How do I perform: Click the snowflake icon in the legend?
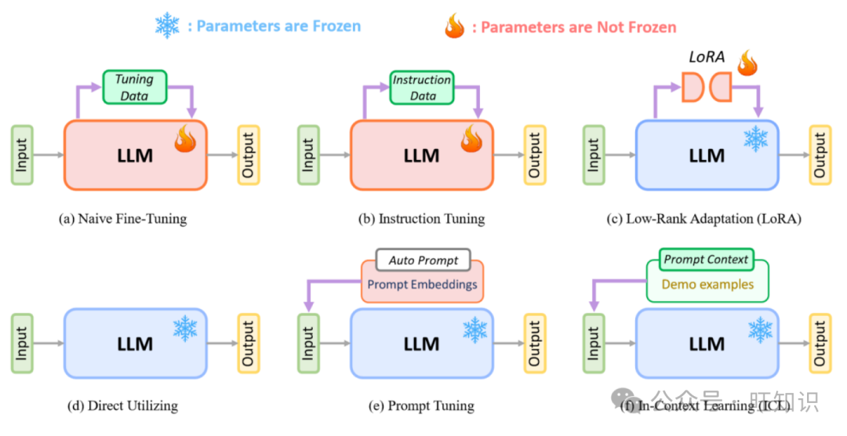(x=167, y=26)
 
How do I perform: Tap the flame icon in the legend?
(x=454, y=26)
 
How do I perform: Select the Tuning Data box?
(x=135, y=87)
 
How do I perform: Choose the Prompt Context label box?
(x=706, y=260)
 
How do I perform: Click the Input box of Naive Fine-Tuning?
(x=22, y=154)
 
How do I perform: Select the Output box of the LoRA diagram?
(x=820, y=154)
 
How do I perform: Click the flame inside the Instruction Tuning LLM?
(x=471, y=139)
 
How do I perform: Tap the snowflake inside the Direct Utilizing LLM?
(x=185, y=329)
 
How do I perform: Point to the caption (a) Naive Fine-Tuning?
(x=123, y=219)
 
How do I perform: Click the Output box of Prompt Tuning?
(x=535, y=343)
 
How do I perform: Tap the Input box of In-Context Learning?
(x=594, y=343)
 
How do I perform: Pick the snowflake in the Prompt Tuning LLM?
(x=474, y=330)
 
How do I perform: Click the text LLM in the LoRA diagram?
(x=707, y=155)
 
